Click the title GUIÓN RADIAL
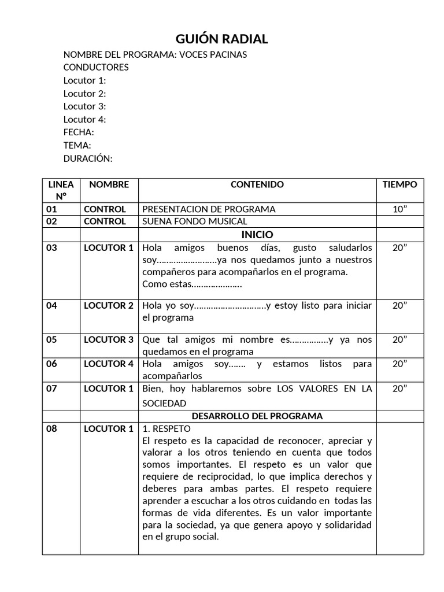[x=222, y=39]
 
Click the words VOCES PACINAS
[x=213, y=54]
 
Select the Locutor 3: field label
[x=84, y=106]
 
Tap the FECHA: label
[x=79, y=132]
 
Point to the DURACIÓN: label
[x=88, y=158]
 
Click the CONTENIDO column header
[x=257, y=185]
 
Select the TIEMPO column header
[x=399, y=185]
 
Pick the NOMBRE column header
[x=109, y=185]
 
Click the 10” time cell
[x=399, y=209]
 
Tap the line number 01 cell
[x=52, y=209]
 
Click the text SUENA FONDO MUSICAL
[x=195, y=221]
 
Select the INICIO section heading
[x=257, y=235]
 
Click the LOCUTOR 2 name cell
[x=109, y=306]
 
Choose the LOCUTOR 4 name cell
[x=109, y=364]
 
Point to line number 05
[x=52, y=340]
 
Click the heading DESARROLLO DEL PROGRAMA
[x=257, y=416]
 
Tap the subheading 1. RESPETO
[x=166, y=429]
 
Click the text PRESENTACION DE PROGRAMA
[x=209, y=209]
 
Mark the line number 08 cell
[x=52, y=429]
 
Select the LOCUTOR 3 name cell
[x=109, y=340]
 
